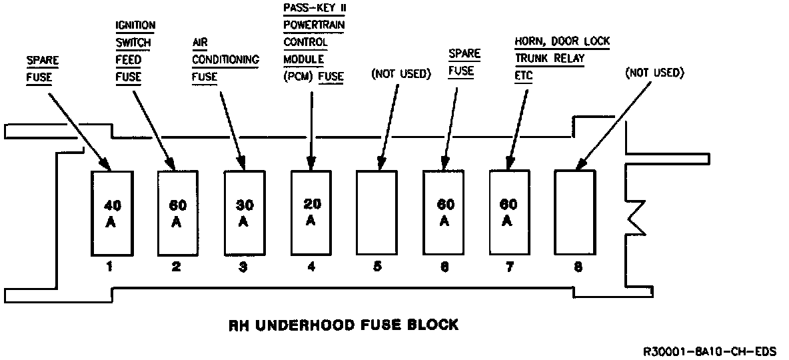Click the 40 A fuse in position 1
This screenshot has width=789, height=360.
(x=110, y=213)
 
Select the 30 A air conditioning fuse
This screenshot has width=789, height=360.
(x=243, y=213)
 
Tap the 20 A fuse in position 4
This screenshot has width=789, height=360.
(x=311, y=213)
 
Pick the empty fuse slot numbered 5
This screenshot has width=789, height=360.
(x=377, y=213)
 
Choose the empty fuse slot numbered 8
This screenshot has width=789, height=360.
(x=575, y=213)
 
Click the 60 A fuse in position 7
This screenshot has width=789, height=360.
(x=510, y=213)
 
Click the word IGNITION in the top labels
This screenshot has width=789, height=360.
(x=135, y=26)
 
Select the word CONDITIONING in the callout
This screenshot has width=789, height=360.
(x=225, y=59)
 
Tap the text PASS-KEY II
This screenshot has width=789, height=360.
(x=315, y=9)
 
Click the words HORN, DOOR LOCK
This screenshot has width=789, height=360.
(x=562, y=41)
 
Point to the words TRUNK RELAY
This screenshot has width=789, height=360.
(x=550, y=59)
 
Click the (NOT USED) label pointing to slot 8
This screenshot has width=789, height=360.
(x=654, y=72)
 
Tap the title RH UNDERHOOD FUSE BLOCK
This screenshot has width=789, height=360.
(x=344, y=325)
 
